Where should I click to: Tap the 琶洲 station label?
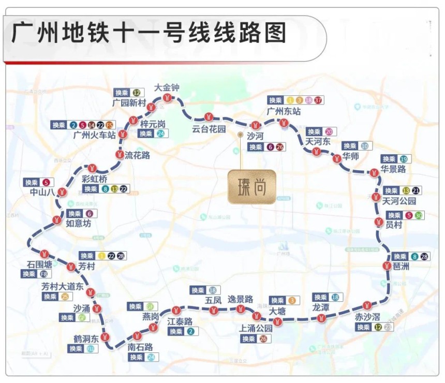point(402,266)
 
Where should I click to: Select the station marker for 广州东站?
point(284,123)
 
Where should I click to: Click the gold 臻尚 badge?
point(251,186)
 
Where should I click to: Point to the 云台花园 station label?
point(209,129)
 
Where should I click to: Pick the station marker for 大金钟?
point(167,97)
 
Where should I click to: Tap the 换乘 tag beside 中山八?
point(32,182)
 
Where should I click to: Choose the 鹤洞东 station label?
point(86,339)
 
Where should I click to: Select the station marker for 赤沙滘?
point(367,305)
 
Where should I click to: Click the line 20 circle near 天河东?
point(329,131)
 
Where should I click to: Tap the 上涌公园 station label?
point(256,328)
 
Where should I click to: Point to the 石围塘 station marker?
point(45,254)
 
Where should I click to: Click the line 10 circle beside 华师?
point(365,146)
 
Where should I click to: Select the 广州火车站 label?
point(93,136)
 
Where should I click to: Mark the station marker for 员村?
point(378,223)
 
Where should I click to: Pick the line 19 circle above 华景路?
point(403,159)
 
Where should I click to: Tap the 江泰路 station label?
point(180,321)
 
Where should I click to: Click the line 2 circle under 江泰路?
point(190,331)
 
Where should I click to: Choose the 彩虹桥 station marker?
point(92,168)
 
